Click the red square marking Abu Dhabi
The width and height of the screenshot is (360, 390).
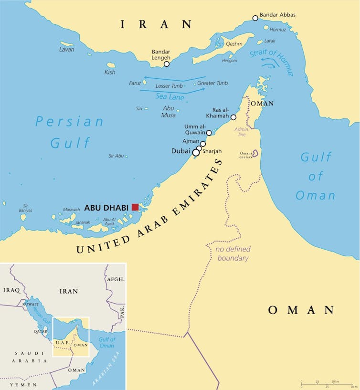135,207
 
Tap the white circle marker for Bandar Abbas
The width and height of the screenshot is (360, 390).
255,18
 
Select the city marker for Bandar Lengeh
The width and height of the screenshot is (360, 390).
167,64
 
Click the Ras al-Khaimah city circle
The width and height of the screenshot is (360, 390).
233,117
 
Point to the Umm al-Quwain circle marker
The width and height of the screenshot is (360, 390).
209,133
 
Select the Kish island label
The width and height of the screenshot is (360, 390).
110,72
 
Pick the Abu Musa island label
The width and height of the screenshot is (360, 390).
169,111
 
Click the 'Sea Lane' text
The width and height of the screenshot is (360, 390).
169,96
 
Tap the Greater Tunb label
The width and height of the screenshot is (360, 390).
212,83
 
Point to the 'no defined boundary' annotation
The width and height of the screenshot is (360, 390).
233,253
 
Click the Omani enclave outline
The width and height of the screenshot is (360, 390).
255,153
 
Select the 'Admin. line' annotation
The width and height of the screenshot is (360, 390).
242,132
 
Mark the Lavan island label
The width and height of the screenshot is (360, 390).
67,49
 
